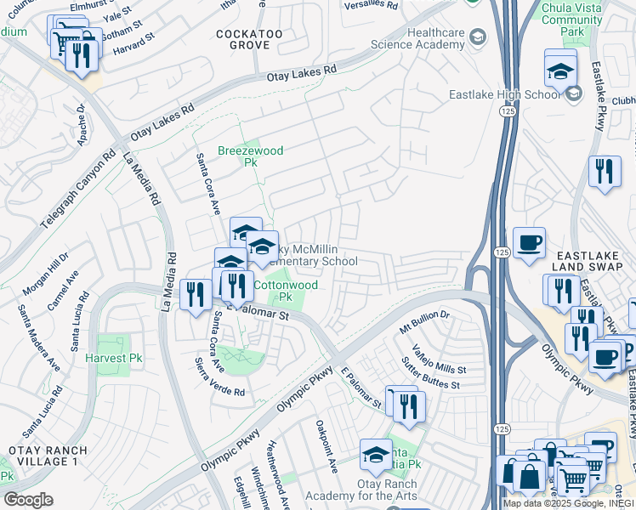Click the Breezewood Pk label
[x=238, y=156]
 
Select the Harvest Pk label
[x=113, y=359]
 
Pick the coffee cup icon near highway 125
[x=529, y=242]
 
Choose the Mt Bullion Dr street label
[x=425, y=320]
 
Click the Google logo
[x=28, y=500]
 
